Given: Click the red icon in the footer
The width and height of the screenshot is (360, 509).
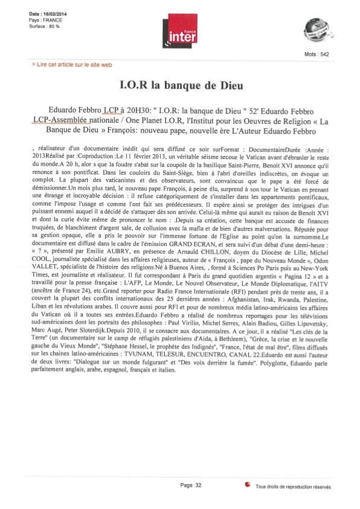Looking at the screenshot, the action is pyautogui.click(x=247, y=485).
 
